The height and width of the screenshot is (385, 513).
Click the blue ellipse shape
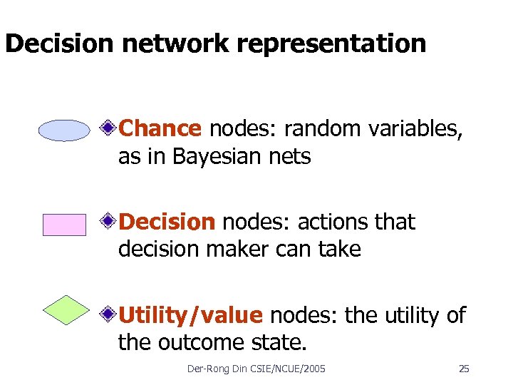pyautogui.click(x=64, y=130)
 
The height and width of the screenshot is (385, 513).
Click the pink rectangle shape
pyautogui.click(x=64, y=225)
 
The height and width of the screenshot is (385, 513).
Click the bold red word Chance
pyautogui.click(x=160, y=128)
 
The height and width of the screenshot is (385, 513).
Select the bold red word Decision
pyautogui.click(x=167, y=222)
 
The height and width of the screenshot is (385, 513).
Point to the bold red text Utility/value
pyautogui.click(x=191, y=315)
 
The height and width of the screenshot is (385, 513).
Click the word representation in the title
pyautogui.click(x=331, y=44)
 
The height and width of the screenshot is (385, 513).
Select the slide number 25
pyautogui.click(x=464, y=369)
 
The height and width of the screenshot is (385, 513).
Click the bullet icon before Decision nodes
pyautogui.click(x=108, y=222)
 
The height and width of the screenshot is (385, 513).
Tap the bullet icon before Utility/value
pyautogui.click(x=108, y=314)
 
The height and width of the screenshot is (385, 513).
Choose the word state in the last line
pyautogui.click(x=281, y=343)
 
